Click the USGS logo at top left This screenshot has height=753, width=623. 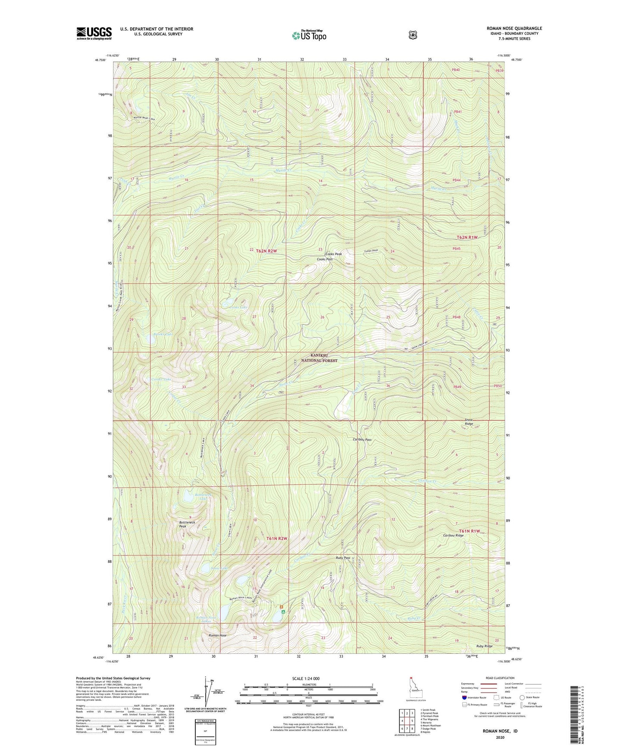pyautogui.click(x=94, y=33)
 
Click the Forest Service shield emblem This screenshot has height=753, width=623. pyautogui.click(x=413, y=35)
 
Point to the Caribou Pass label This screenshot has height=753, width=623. pyautogui.click(x=362, y=440)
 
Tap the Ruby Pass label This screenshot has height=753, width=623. pyautogui.click(x=343, y=558)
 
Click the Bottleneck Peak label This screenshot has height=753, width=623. pyautogui.click(x=187, y=524)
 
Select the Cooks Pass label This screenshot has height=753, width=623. pyautogui.click(x=324, y=259)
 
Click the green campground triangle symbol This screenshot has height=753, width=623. pyautogui.click(x=283, y=612)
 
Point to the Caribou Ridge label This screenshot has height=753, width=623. pyautogui.click(x=453, y=535)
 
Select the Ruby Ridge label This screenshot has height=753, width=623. pyautogui.click(x=484, y=646)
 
